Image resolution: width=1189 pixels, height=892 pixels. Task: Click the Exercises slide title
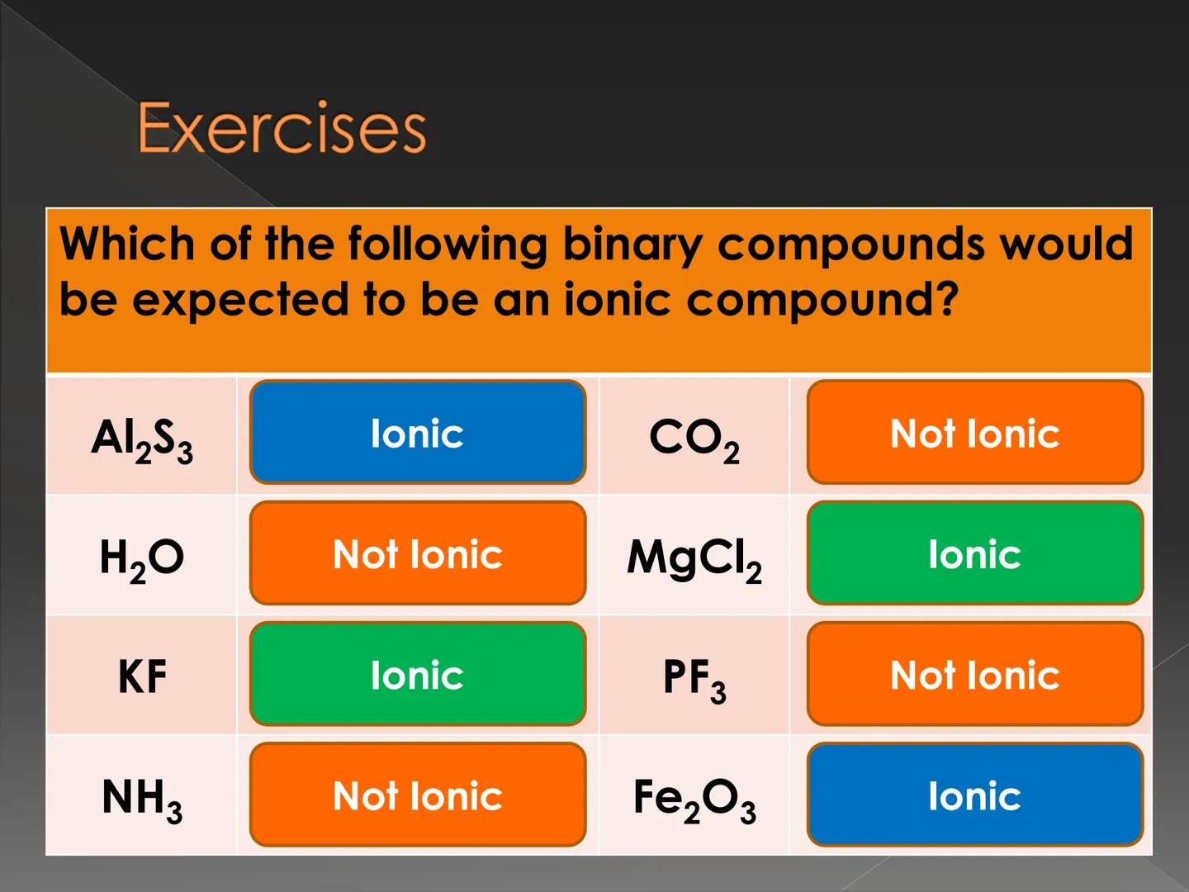[282, 128]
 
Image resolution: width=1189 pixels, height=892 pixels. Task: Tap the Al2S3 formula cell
[142, 437]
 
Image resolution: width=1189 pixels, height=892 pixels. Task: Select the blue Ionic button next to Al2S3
[418, 433]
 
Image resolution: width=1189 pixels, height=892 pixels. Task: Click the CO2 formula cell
[694, 437]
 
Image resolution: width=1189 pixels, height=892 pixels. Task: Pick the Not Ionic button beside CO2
[975, 433]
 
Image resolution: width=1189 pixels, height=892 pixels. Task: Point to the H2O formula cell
[142, 557]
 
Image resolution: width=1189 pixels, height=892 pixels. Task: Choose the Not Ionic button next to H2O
[418, 553]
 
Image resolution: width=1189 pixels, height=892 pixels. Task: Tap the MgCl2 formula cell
[694, 557]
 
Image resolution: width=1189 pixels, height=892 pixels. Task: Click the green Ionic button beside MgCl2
[975, 553]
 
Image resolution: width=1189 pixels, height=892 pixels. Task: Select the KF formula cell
[142, 677]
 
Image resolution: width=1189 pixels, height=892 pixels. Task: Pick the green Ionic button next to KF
[418, 675]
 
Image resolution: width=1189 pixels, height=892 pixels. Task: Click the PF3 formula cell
[694, 678]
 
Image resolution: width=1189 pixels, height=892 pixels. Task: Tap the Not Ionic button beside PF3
[975, 675]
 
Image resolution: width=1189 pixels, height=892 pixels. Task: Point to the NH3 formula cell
[142, 798]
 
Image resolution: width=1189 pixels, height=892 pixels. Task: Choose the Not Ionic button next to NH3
[418, 795]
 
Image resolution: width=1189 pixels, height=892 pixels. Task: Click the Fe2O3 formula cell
[694, 799]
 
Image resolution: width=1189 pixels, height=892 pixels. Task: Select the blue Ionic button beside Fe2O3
[975, 795]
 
